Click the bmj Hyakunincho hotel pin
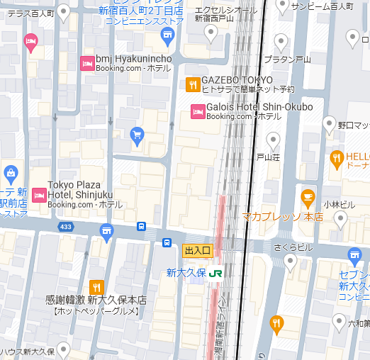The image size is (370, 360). [x=88, y=62]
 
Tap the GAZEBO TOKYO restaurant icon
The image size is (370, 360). [x=192, y=85]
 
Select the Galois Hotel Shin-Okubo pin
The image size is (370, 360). [x=198, y=111]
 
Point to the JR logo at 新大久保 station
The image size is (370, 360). [x=214, y=272]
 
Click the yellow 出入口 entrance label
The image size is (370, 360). [x=198, y=250]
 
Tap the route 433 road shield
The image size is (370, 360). [x=66, y=227]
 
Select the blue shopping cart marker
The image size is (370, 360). [x=138, y=135]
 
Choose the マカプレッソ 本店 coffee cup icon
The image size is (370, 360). [x=308, y=196]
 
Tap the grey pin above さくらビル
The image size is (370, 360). [x=289, y=262]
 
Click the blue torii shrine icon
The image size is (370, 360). [x=107, y=230]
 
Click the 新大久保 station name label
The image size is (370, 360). [x=186, y=272]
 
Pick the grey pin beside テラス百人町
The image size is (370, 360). [x=63, y=11]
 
